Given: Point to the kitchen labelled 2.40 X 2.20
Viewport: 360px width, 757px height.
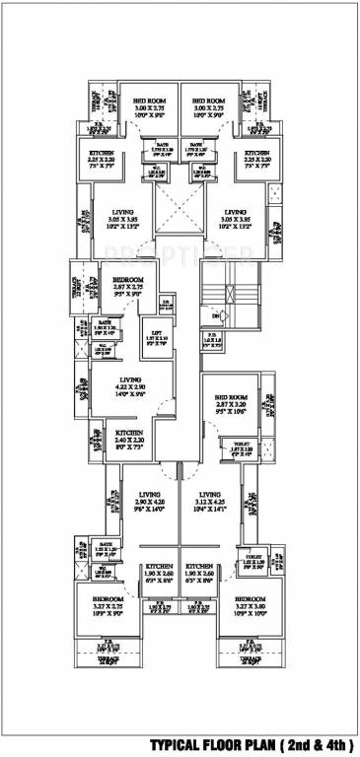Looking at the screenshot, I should click(x=131, y=440).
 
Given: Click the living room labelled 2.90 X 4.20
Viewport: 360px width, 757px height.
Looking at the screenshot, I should click(x=150, y=501).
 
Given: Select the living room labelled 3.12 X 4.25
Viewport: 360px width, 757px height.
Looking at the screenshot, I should click(x=211, y=501).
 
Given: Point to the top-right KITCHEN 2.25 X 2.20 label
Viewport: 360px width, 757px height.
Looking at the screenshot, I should click(x=256, y=160).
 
